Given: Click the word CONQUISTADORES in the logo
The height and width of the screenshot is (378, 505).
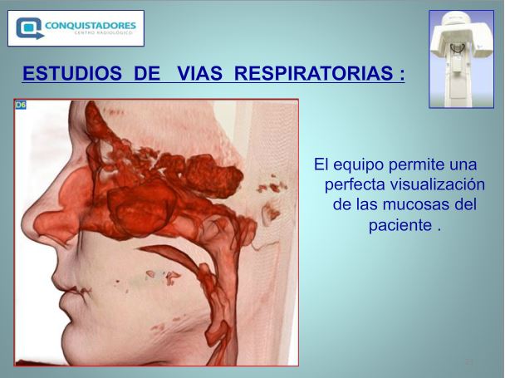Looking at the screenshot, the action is tap(91, 25).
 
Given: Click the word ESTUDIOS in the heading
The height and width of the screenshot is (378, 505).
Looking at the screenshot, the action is tap(72, 73).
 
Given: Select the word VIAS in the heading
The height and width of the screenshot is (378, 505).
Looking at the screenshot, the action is tap(199, 73).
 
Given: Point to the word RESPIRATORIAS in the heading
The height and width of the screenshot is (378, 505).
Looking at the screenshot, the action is tap(314, 73).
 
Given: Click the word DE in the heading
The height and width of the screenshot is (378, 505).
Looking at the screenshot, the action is tap(147, 73).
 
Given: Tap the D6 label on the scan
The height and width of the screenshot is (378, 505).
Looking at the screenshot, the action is tap(21, 105).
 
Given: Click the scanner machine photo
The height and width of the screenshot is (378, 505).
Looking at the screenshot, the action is tap(462, 59).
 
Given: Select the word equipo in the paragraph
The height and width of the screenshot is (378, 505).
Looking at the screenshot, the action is tap(359, 165).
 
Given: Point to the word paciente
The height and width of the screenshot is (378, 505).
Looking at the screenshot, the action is tap(400, 225).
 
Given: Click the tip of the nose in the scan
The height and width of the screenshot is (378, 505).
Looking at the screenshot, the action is tap(23, 223).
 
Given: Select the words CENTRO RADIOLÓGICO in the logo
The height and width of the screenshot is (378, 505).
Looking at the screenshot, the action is tap(103, 33).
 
